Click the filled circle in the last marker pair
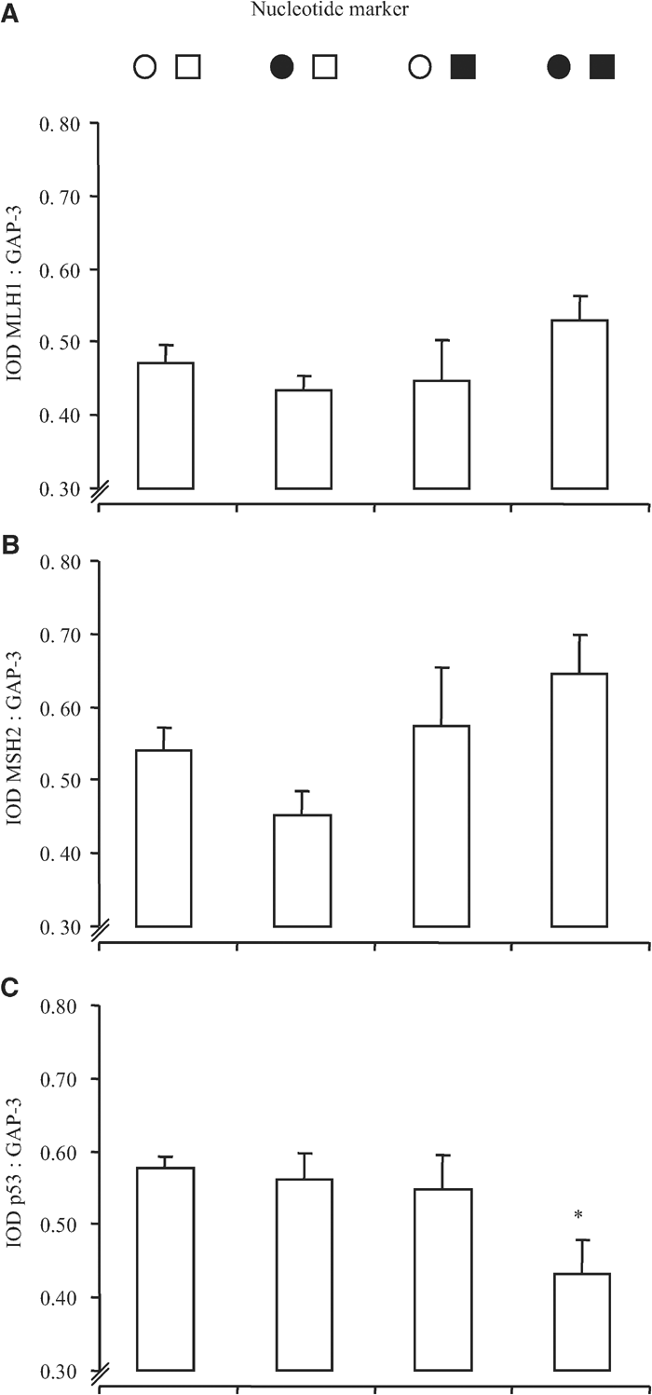558,67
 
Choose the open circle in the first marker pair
143,67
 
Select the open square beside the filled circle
324,67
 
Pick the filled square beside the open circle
463,67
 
